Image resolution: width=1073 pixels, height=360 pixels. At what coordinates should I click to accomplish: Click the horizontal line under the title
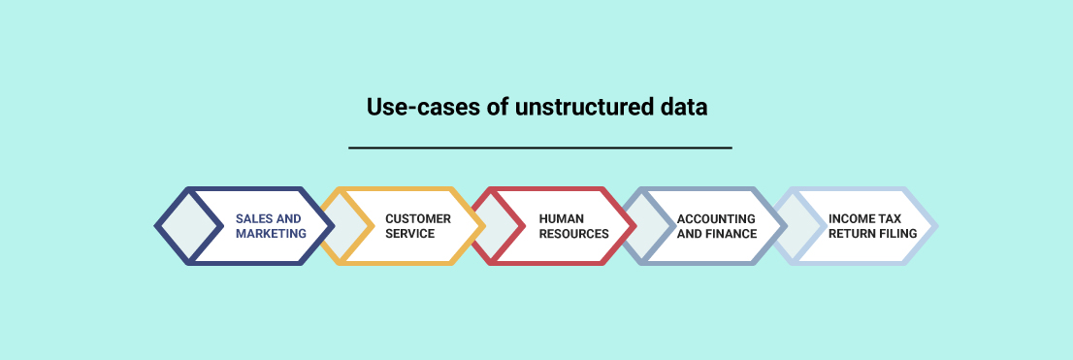[540, 147]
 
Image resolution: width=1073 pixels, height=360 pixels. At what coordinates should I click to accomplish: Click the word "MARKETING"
[271, 234]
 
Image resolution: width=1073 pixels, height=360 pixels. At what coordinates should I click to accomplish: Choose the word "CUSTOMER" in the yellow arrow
[418, 219]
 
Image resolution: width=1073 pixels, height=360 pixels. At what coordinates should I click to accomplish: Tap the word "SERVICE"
[410, 234]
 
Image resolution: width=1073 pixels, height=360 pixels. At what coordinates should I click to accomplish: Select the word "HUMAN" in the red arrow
[561, 219]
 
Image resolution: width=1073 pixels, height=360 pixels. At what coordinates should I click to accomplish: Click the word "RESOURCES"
[574, 234]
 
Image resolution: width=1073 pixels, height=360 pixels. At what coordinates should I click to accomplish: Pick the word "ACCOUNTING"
[717, 219]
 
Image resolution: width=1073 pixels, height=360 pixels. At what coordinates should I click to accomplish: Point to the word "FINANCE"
[732, 234]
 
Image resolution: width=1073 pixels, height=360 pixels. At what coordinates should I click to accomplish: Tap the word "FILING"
[897, 234]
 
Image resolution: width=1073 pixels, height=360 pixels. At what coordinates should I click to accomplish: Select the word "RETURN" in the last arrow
[851, 234]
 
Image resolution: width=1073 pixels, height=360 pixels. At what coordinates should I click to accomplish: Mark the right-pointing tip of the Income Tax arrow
[937, 225]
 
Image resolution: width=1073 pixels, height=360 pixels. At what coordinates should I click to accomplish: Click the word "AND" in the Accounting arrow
[689, 234]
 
